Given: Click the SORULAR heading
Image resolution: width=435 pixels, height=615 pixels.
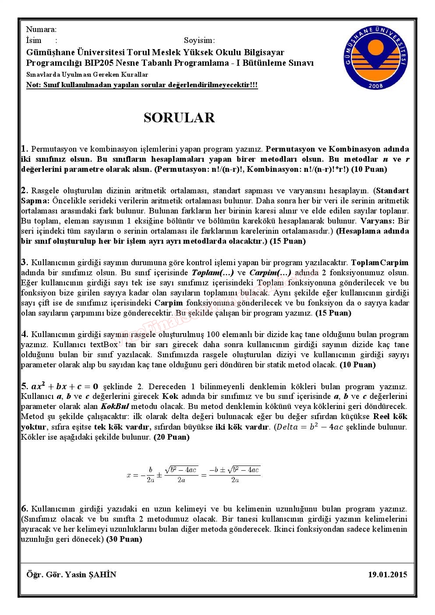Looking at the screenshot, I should tap(179, 118).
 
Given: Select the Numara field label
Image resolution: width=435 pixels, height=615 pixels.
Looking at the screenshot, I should tap(41, 30).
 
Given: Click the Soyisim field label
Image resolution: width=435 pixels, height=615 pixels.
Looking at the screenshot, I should tap(199, 41).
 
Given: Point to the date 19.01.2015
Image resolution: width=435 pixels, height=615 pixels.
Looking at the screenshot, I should tap(388, 574).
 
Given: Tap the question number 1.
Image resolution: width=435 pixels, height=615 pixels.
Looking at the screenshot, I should tap(25, 149).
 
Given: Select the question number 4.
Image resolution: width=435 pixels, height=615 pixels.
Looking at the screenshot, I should tap(25, 334).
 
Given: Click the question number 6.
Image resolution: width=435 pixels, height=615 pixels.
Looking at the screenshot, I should tap(25, 508).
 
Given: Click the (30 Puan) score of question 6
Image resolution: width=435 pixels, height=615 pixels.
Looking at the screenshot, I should tap(124, 539).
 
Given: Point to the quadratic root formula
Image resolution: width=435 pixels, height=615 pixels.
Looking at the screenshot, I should tap(194, 474).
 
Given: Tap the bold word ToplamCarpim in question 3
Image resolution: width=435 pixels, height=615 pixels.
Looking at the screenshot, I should tap(380, 263).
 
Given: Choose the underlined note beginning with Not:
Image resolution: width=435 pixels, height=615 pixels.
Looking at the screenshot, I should tap(142, 85).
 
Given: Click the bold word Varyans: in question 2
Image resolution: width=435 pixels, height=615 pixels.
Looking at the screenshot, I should tap(378, 221).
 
